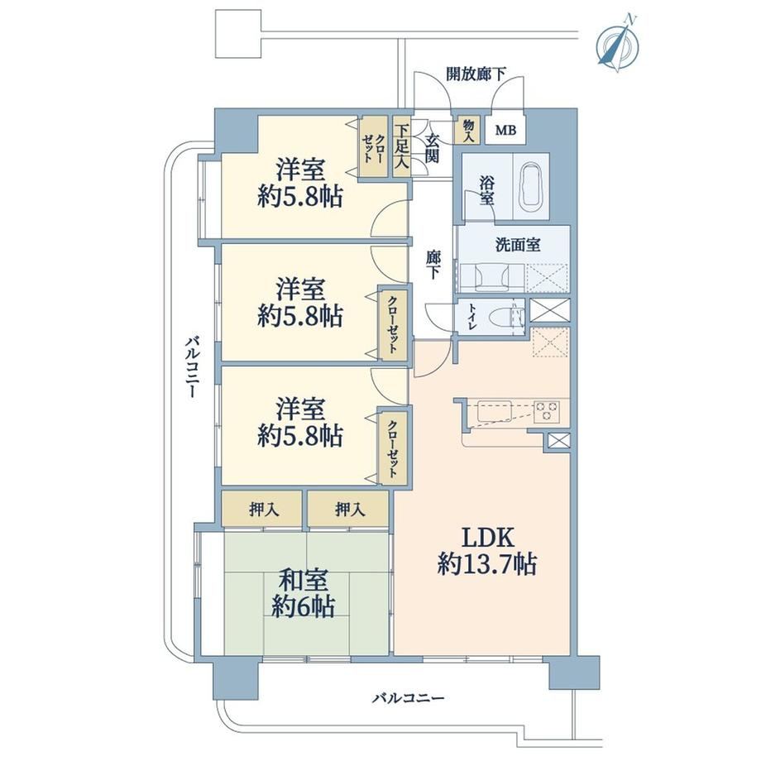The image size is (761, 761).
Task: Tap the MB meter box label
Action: pos(505,130)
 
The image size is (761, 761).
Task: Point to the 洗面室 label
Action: pos(518,245)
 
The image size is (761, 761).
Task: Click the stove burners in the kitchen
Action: pos(546,411)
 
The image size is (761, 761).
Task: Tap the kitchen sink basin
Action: pos(495,411)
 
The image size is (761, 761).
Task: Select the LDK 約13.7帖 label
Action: pos(486,551)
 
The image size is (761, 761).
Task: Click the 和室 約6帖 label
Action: pos(304,593)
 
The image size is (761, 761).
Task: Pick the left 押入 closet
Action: pos(262,509)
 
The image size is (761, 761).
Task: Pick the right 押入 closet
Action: pos(348,509)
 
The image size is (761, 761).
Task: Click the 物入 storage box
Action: pos(467,130)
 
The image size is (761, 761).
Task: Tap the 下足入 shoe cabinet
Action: pos(401,146)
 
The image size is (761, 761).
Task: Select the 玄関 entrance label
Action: pos(432,147)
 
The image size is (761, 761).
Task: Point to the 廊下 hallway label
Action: pos(433,265)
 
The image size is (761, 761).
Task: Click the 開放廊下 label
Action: pos(476,74)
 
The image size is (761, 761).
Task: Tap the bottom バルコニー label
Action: pos(408,698)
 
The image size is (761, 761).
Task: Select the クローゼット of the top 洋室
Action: pos(374,146)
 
